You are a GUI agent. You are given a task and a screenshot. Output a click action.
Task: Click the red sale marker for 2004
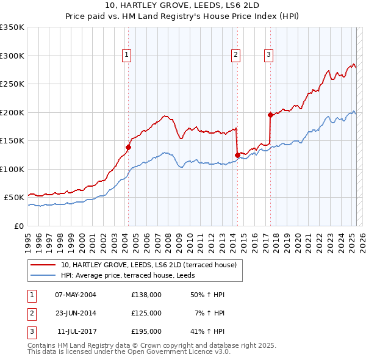[x=128, y=147]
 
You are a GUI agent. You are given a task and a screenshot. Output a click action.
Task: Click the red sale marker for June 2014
[x=237, y=155]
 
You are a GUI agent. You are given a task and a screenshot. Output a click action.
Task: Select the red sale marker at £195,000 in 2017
[x=270, y=115]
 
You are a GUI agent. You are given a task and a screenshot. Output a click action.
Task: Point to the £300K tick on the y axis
[x=12, y=56]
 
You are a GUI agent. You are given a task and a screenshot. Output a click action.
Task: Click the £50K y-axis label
[x=14, y=198]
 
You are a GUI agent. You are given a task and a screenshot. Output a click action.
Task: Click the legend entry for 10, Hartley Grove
[x=152, y=265]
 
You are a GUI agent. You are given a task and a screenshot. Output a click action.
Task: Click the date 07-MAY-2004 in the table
[x=76, y=295]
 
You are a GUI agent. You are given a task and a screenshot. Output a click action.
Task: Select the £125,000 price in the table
[x=146, y=313]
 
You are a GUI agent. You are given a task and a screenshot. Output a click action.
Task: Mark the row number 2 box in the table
[x=31, y=313]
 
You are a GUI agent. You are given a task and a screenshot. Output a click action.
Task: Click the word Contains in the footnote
[x=43, y=345]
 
